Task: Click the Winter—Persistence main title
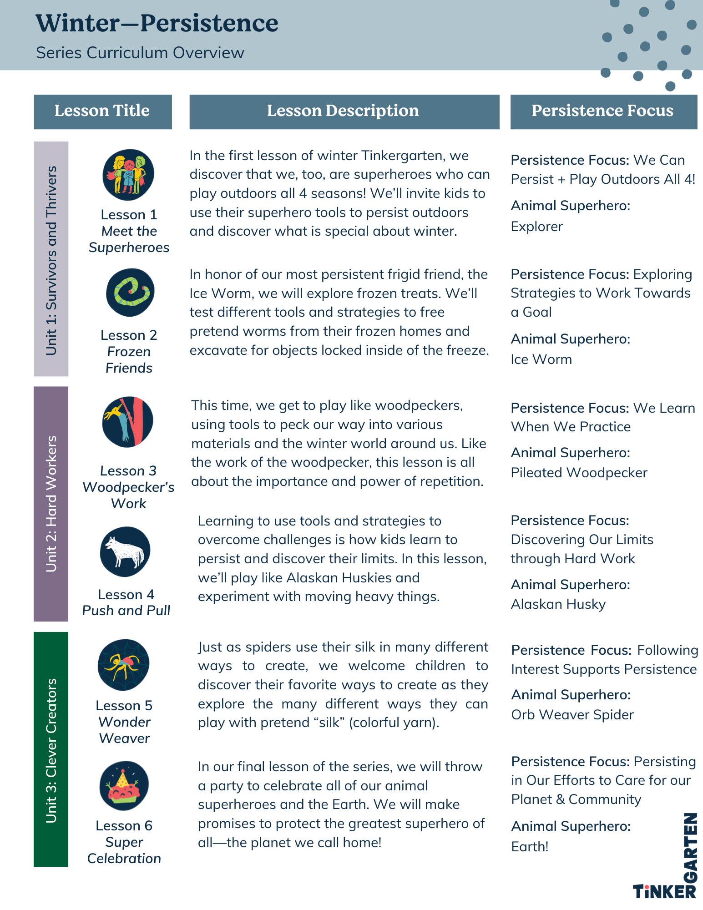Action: tap(157, 23)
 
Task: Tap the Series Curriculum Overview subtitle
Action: tap(140, 53)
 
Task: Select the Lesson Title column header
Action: tap(102, 111)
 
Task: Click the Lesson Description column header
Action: tap(344, 111)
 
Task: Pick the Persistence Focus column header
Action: tap(603, 111)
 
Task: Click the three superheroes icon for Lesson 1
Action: tap(128, 175)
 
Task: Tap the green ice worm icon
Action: tap(130, 292)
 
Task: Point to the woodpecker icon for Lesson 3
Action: tap(127, 421)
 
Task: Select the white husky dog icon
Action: tap(125, 551)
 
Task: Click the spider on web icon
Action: tap(124, 665)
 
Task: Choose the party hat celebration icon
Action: tap(124, 785)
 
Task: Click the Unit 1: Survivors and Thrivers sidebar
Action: tap(51, 259)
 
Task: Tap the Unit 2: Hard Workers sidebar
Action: tap(51, 504)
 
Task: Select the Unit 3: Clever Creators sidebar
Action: tap(51, 749)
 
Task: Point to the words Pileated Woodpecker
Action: tap(579, 473)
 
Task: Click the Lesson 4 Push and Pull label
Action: tap(126, 602)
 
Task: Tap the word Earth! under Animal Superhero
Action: tap(530, 847)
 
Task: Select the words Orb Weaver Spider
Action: tap(572, 715)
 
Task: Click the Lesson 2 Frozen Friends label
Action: tap(129, 351)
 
